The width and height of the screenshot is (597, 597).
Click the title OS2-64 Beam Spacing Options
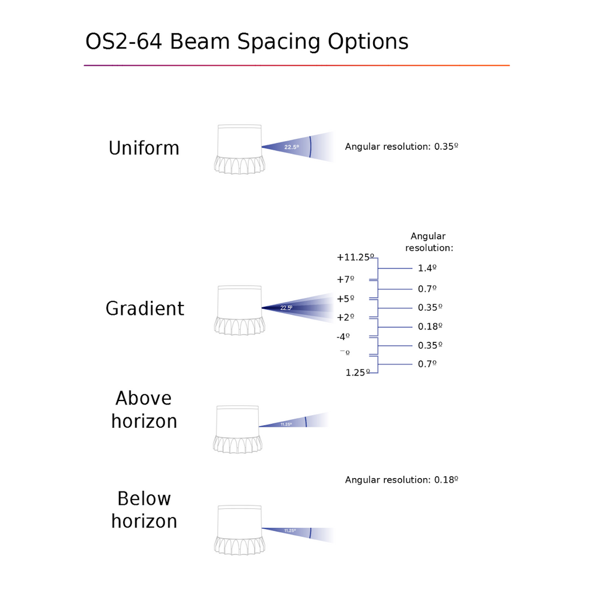(247, 41)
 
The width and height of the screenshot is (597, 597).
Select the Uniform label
(144, 148)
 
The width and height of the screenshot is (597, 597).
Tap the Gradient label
(145, 308)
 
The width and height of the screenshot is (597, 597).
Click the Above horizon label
(144, 410)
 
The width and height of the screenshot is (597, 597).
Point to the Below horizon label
(144, 510)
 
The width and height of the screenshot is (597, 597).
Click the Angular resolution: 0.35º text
(401, 146)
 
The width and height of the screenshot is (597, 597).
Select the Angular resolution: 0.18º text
(401, 480)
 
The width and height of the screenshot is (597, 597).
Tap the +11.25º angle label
(355, 257)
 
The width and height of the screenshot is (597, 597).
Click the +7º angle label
(345, 279)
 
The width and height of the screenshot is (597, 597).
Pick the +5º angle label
(345, 299)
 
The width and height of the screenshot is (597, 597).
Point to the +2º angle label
(345, 318)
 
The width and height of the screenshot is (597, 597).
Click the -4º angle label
(343, 336)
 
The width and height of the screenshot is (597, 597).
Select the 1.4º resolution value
(427, 268)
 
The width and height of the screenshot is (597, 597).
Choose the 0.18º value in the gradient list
(430, 326)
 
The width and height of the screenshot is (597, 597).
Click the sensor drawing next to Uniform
(240, 149)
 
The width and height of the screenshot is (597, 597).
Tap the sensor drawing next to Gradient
(240, 310)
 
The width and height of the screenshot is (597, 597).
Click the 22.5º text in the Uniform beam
(292, 147)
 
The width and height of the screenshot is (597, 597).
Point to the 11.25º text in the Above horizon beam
(286, 424)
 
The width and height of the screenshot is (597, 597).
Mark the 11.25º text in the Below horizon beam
(290, 531)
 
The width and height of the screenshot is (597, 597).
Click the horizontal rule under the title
(297, 65)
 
